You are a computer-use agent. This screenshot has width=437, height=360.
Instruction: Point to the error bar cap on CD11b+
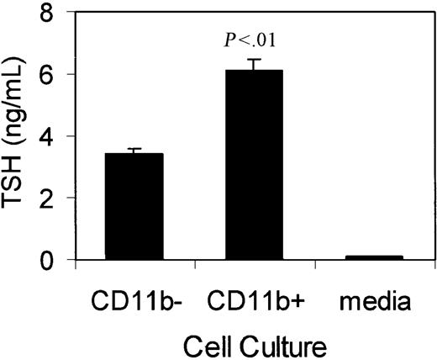tap(253, 60)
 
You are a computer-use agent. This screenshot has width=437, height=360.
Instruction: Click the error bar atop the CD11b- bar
tap(134, 151)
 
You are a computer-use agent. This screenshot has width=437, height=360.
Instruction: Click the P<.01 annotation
tap(253, 40)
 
